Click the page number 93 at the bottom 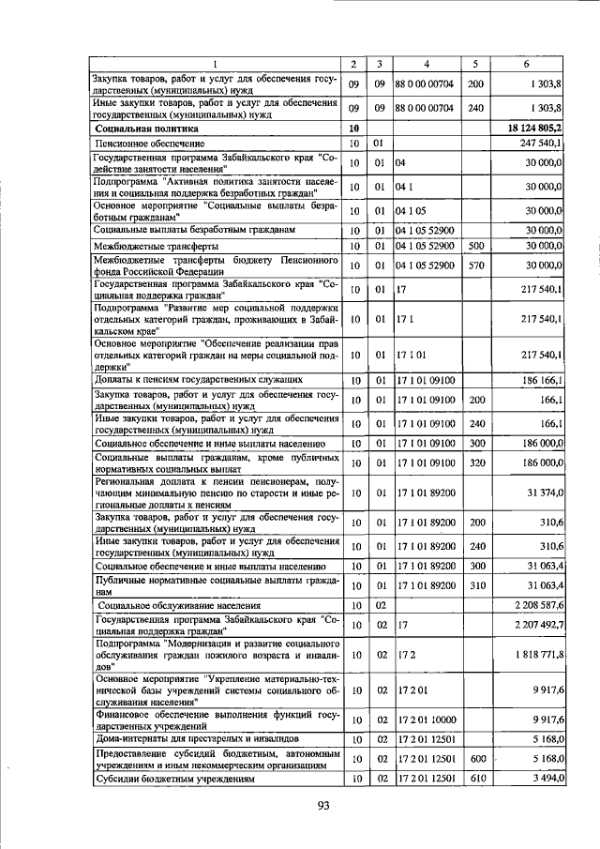[323, 806]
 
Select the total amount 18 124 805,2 [533, 127]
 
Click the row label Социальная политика [146, 127]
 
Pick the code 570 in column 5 [475, 265]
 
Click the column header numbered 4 [427, 64]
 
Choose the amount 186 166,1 [539, 379]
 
